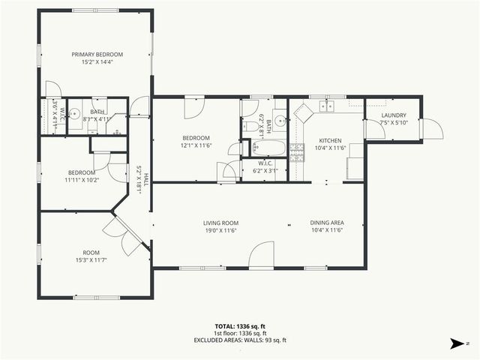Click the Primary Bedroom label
(97, 54)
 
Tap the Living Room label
(220, 223)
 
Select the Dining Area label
(326, 223)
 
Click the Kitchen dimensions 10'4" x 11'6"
(330, 148)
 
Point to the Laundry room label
(393, 115)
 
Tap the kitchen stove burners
(297, 153)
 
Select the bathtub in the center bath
(268, 147)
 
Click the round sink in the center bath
(279, 118)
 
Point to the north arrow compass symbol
(456, 344)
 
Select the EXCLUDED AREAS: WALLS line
(240, 340)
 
